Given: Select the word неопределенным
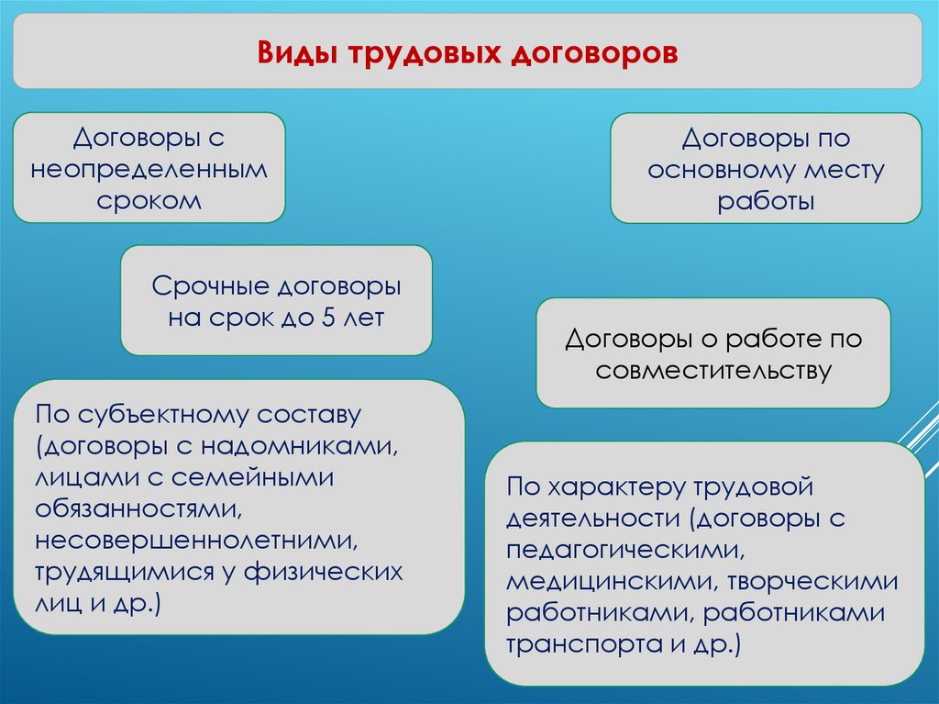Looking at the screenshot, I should (149, 170).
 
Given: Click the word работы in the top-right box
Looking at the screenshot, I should (766, 201).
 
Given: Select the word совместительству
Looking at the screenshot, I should (713, 371).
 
